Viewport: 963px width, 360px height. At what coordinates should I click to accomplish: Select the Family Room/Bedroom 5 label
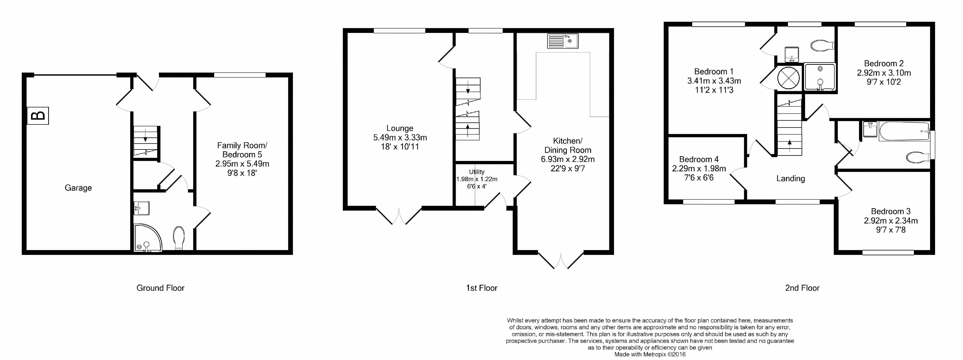point(242,150)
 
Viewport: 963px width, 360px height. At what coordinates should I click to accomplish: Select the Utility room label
point(477,172)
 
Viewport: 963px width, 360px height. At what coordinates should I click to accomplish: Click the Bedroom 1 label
point(714,71)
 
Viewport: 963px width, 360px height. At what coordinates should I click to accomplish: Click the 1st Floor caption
point(481,288)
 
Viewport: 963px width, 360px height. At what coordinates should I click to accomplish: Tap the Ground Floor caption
point(160,288)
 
